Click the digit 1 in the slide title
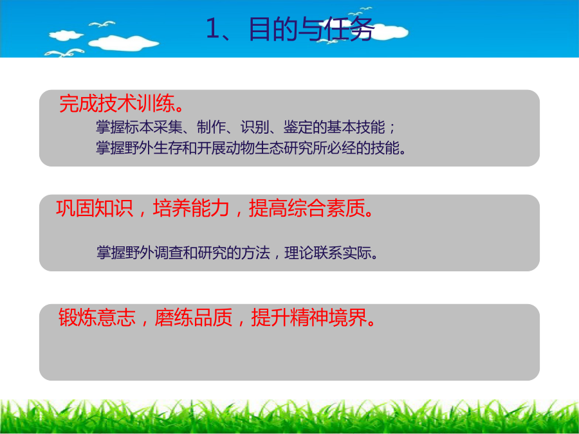[x=212, y=28]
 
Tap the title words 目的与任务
[x=311, y=29]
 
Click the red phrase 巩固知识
[x=94, y=208]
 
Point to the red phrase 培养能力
[x=191, y=208]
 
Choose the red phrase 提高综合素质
[x=306, y=208]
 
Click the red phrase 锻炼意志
[x=97, y=317]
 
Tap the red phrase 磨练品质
[x=194, y=317]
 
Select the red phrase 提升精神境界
[x=309, y=317]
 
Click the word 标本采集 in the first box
[x=154, y=127]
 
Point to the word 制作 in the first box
[x=211, y=127]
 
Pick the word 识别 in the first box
[x=254, y=127]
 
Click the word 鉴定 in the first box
[x=298, y=127]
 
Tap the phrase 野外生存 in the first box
[x=154, y=149]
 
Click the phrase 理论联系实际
[x=328, y=253]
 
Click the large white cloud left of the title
[x=124, y=43]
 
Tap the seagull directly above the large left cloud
[x=102, y=24]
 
